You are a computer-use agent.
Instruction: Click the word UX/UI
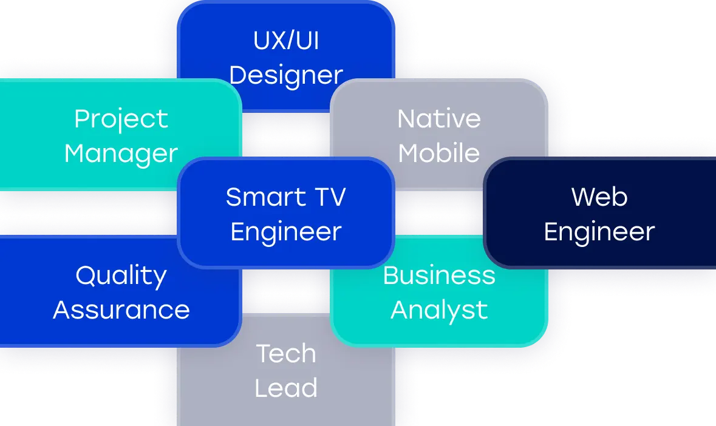point(286,41)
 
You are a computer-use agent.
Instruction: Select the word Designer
point(286,76)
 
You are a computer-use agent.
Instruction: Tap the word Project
point(121,119)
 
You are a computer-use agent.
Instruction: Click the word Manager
point(121,154)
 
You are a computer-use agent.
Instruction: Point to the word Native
point(438,119)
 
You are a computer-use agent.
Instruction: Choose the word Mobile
point(438,154)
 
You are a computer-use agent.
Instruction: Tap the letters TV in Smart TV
point(329,197)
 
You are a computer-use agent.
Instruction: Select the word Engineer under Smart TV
point(286,232)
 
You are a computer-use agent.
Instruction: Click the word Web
point(599,197)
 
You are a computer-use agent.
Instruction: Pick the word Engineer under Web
point(599,232)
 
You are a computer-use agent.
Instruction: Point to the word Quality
point(121,276)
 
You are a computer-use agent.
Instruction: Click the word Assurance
point(121,310)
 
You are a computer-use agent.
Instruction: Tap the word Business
point(438,276)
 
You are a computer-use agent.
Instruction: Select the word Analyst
point(438,310)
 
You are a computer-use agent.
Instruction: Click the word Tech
point(286,354)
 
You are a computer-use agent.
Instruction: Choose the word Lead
point(286,388)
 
